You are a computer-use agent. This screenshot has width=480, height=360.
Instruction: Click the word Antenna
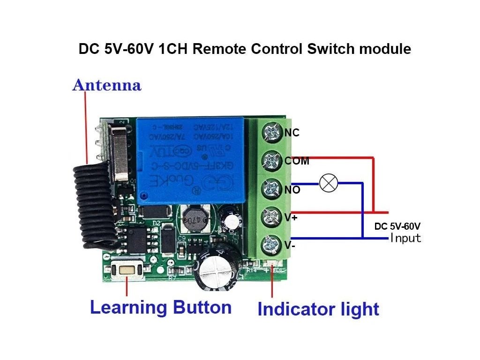coord(106,86)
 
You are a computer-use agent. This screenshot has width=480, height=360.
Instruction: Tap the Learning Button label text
coord(160,308)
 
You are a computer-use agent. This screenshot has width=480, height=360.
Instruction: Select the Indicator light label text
coord(318,309)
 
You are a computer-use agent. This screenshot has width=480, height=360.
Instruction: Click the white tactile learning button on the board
coord(127,270)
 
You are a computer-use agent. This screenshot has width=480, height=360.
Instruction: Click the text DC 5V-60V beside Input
coord(397,227)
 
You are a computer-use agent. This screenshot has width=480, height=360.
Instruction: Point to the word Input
coord(406,238)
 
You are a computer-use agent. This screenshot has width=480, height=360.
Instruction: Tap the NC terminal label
coord(292,133)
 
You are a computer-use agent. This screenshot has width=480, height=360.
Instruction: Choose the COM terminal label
coord(297,161)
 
